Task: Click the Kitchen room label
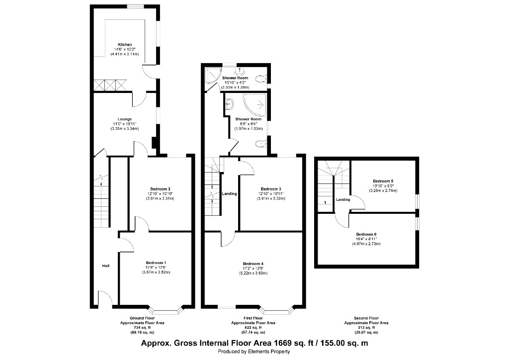pyautogui.click(x=125, y=45)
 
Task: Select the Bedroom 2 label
pyautogui.click(x=159, y=189)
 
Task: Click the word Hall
pyautogui.click(x=106, y=266)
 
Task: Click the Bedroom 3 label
pyautogui.click(x=271, y=189)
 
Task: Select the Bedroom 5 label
pyautogui.click(x=383, y=181)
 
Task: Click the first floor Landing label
pyautogui.click(x=229, y=193)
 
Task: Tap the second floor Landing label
pyautogui.click(x=343, y=200)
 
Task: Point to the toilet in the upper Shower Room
pyautogui.click(x=262, y=78)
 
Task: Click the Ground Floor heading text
pyautogui.click(x=142, y=318)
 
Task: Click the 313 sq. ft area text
pyautogui.click(x=366, y=327)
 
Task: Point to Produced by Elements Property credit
pyautogui.click(x=254, y=352)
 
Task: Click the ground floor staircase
pyautogui.click(x=101, y=204)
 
